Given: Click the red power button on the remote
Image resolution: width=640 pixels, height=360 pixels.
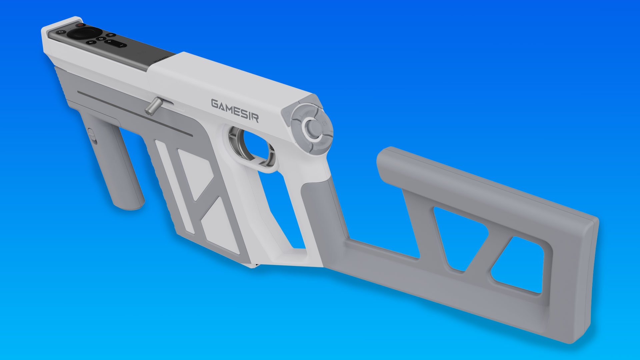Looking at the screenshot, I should tap(80, 25).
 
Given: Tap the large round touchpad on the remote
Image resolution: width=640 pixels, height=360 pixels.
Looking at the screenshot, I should tap(84, 33).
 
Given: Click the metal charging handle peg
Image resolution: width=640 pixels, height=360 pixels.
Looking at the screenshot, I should tap(154, 107).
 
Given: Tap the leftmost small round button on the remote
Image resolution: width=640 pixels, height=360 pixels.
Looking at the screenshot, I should tap(61, 32).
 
